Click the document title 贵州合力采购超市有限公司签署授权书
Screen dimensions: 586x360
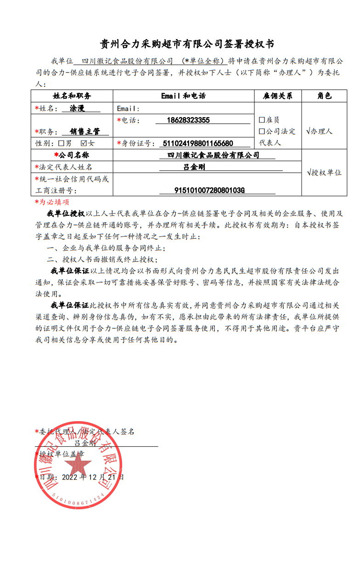click(180, 44)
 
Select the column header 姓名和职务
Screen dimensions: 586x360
click(72, 96)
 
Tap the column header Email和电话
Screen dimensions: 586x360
click(184, 96)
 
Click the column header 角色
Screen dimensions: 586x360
click(324, 96)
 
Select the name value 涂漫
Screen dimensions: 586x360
click(77, 109)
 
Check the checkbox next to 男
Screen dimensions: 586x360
click(61, 143)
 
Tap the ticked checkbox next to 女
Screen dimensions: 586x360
click(84, 143)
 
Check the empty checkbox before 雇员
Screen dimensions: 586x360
click(262, 120)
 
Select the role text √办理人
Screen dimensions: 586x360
click(319, 131)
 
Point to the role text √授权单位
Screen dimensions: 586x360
click(324, 173)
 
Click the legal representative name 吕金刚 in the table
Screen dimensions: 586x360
click(194, 167)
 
